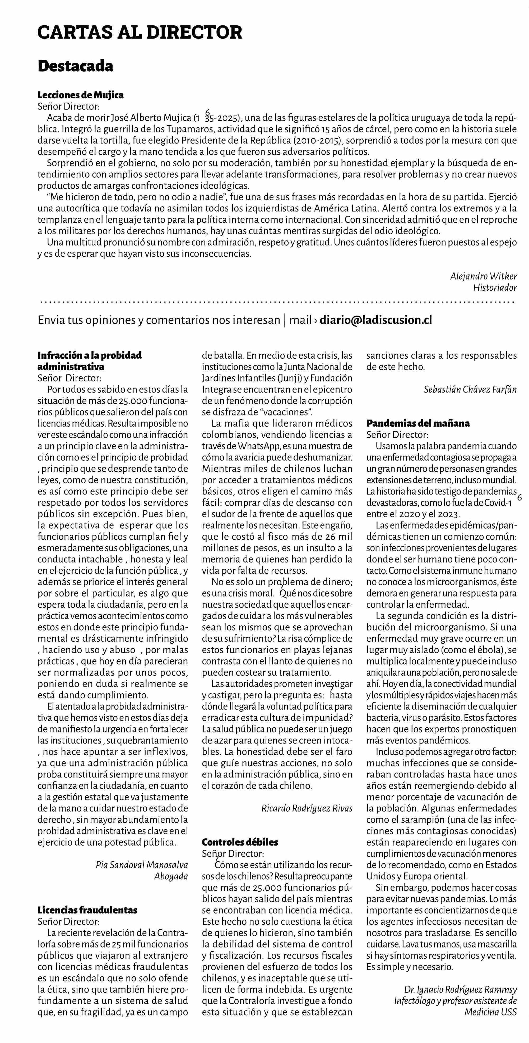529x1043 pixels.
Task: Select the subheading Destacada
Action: pyautogui.click(x=75, y=66)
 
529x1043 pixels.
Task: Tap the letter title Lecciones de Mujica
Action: pyautogui.click(x=81, y=95)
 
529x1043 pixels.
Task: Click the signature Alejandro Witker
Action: pyautogui.click(x=483, y=276)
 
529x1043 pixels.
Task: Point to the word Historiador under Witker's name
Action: pyautogui.click(x=495, y=288)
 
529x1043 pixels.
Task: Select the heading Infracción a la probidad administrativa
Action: pyautogui.click(x=90, y=361)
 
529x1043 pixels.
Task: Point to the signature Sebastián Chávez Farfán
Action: pyautogui.click(x=470, y=390)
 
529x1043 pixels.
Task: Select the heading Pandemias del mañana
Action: pyautogui.click(x=418, y=423)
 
